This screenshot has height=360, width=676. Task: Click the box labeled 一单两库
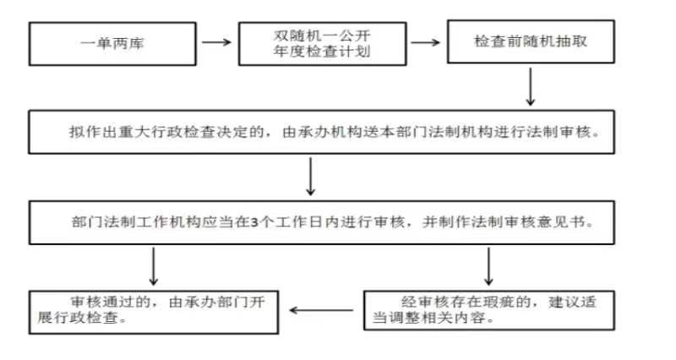pyautogui.click(x=112, y=44)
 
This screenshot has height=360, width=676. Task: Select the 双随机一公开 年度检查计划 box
pyautogui.click(x=323, y=44)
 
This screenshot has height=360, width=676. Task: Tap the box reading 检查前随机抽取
pyautogui.click(x=531, y=41)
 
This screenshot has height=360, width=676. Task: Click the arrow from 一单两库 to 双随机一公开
pyautogui.click(x=217, y=42)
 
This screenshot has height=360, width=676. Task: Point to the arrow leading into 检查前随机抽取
pyautogui.click(x=426, y=42)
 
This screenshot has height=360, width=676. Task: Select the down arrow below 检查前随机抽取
pyautogui.click(x=531, y=87)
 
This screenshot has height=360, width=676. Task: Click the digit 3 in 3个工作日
pyautogui.click(x=255, y=222)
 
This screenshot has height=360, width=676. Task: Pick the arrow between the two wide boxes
pyautogui.click(x=310, y=177)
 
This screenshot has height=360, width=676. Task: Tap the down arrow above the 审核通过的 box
pyautogui.click(x=154, y=266)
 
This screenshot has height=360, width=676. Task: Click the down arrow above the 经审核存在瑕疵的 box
pyautogui.click(x=488, y=266)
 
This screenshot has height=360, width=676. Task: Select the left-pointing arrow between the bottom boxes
pyautogui.click(x=322, y=310)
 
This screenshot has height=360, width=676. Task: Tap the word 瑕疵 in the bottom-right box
pyautogui.click(x=499, y=302)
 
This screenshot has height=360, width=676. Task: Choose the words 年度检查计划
pyautogui.click(x=322, y=52)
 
